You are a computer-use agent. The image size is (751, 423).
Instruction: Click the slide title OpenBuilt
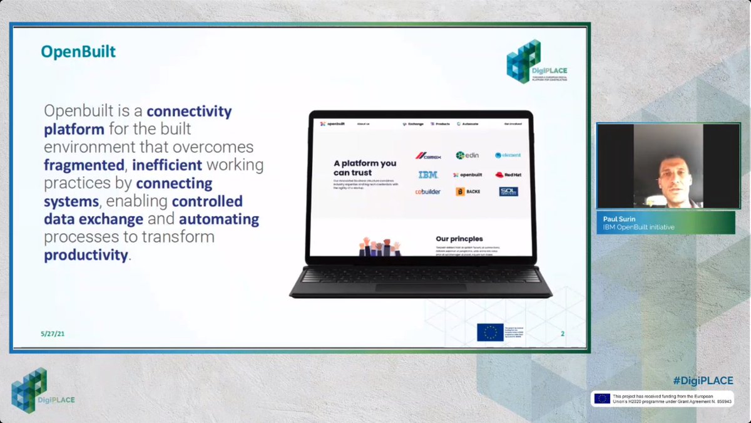pos(78,51)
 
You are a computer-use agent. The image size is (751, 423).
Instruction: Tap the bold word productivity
pos(86,255)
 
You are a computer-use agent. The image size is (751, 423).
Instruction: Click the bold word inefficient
pos(167,165)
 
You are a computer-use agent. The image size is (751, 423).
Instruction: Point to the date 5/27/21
pos(53,334)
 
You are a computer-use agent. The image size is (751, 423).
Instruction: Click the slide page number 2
pos(562,334)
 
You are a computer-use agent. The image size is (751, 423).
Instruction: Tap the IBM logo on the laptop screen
pos(428,175)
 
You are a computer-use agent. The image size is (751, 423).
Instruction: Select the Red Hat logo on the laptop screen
pos(508,175)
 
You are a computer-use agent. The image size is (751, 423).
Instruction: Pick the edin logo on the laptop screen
pos(467,155)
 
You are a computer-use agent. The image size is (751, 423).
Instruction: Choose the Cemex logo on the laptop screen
pos(429,155)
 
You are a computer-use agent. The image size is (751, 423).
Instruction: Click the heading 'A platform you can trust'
pos(365,168)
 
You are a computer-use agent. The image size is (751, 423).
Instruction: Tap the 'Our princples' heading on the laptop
pos(460,239)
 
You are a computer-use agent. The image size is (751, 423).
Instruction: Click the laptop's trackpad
pos(421,288)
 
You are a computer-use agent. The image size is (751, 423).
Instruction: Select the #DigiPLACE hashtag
pos(703,380)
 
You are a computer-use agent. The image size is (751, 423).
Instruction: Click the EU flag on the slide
pos(490,332)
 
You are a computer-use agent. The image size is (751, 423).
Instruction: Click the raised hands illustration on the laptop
pos(379,246)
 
